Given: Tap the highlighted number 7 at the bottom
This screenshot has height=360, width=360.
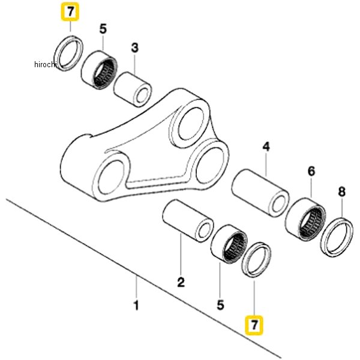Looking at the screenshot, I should click(254, 325).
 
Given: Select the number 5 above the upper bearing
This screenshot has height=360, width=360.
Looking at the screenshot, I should click(103, 28).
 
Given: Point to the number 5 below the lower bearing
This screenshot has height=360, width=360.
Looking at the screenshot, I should click(220, 305).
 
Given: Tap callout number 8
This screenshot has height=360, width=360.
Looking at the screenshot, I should click(341, 192).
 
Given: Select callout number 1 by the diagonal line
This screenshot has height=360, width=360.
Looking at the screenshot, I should click(136, 306).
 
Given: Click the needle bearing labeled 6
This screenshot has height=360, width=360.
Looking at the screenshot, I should click(306, 218).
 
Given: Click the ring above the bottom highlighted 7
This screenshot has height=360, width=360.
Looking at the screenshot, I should click(257, 260).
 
